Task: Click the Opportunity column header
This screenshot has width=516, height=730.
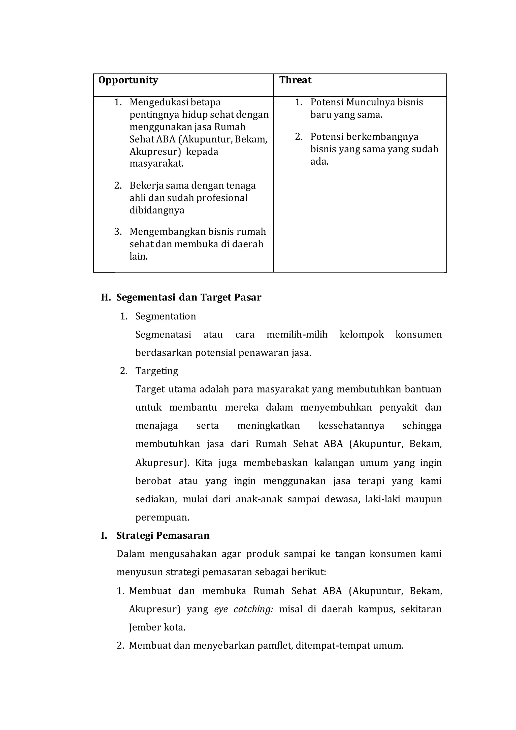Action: click(x=128, y=80)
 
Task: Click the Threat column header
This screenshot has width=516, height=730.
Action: click(x=295, y=80)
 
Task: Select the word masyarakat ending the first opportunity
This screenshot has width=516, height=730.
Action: click(x=156, y=164)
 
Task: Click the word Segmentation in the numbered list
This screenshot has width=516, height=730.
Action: click(x=166, y=316)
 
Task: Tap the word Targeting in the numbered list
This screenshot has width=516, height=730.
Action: click(x=157, y=371)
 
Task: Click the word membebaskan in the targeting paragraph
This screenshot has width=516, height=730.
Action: click(x=275, y=463)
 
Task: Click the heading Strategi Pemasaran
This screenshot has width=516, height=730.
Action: click(x=163, y=536)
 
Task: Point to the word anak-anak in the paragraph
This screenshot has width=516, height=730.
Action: click(x=259, y=499)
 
